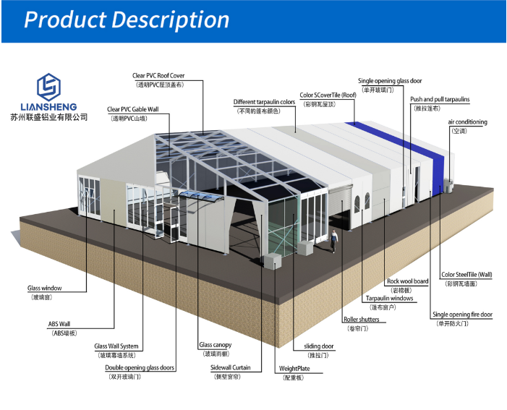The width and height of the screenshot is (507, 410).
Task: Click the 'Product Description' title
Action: [x=127, y=20]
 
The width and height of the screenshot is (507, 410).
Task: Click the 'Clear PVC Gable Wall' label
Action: [x=132, y=109]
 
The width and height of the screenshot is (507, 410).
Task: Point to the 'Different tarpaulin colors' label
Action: [x=264, y=103]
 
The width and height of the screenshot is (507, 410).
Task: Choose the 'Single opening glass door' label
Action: [x=390, y=81]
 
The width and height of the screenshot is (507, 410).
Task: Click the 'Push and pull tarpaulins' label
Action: [x=440, y=100]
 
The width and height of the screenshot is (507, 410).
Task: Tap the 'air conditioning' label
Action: [x=467, y=122]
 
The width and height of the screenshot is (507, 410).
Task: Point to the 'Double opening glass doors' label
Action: [x=140, y=367]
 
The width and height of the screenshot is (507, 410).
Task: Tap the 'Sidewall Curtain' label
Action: [x=231, y=367]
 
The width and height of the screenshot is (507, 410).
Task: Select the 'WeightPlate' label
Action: [x=294, y=368]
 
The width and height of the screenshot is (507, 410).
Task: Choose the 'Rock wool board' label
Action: [x=407, y=281]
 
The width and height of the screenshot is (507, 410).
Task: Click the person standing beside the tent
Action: [x=335, y=241]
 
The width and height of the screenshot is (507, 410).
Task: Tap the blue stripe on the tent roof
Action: [x=405, y=145]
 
